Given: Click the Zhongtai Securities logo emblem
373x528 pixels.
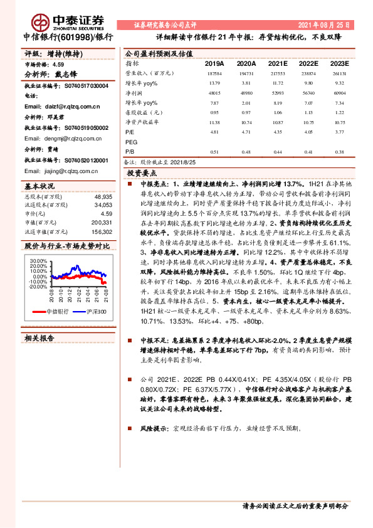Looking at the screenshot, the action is [41, 21].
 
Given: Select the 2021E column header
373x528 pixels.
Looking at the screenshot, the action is [278, 64].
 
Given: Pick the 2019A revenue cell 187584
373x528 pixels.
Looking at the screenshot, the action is [214, 74].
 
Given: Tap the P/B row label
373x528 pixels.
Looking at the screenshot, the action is [130, 152].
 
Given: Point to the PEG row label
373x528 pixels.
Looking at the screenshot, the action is [132, 142].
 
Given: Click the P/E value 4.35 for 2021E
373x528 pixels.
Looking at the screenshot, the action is [278, 133].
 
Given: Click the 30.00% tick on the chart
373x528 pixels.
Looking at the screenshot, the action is [39, 260].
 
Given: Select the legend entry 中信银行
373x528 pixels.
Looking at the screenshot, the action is [59, 312].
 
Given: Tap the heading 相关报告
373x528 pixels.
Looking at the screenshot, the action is [41, 337].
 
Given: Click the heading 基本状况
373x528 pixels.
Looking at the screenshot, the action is [40, 186].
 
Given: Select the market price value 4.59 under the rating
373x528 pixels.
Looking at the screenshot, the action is [58, 64].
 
